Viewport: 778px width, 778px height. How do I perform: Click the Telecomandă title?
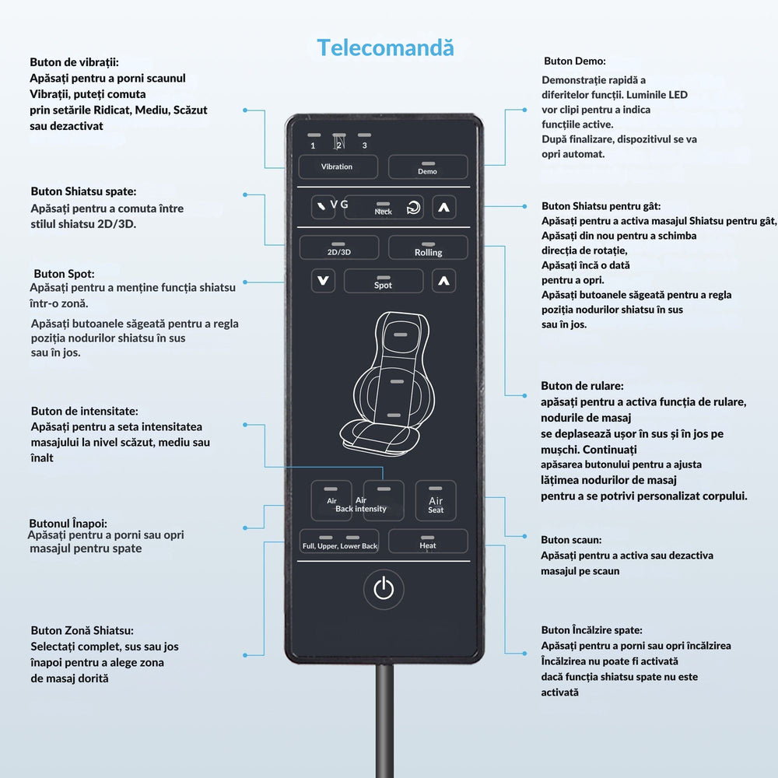tap(385, 47)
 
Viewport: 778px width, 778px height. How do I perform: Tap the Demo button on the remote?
tap(428, 167)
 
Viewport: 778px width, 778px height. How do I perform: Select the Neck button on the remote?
tap(384, 208)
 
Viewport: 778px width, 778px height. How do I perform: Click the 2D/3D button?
tap(338, 248)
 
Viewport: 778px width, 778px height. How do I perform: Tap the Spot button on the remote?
tap(384, 282)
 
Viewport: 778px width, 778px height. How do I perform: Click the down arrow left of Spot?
tap(324, 281)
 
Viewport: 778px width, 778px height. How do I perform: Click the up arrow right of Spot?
tap(443, 281)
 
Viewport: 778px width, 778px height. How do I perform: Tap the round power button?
tap(384, 589)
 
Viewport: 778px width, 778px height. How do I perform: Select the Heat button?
tap(428, 541)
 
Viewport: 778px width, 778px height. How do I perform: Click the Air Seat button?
tap(436, 500)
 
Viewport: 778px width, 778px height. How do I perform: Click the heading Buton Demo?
tap(574, 61)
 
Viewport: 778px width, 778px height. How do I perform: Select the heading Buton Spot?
tap(64, 274)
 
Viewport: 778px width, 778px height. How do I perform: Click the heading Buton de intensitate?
tap(85, 411)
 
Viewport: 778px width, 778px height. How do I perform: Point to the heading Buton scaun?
tap(571, 539)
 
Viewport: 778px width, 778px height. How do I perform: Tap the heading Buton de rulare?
tap(582, 386)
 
